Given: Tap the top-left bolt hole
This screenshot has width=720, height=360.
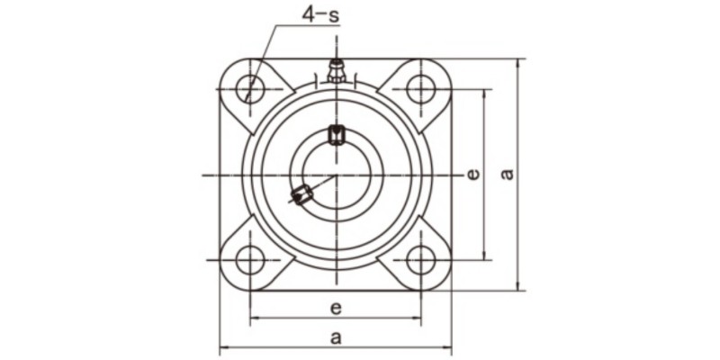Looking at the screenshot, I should point(251,89).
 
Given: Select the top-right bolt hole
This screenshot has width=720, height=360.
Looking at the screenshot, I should point(420,89).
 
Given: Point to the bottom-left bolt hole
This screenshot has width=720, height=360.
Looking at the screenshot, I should point(251,260).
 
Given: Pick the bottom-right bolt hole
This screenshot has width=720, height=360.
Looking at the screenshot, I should point(420,260).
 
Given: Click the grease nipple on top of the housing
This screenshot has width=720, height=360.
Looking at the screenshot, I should point(336,70).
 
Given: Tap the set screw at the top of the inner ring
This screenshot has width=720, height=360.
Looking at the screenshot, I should point(337,135).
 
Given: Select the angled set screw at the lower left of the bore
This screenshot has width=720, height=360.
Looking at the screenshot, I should point(301,193).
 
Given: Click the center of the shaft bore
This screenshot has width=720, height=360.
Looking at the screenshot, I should point(336,175).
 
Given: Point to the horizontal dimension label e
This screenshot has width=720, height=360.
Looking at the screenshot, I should point(335,308).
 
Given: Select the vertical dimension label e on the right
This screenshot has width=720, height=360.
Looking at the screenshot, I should point(472,175).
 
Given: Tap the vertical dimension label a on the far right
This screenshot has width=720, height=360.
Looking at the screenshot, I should point(508,173).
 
